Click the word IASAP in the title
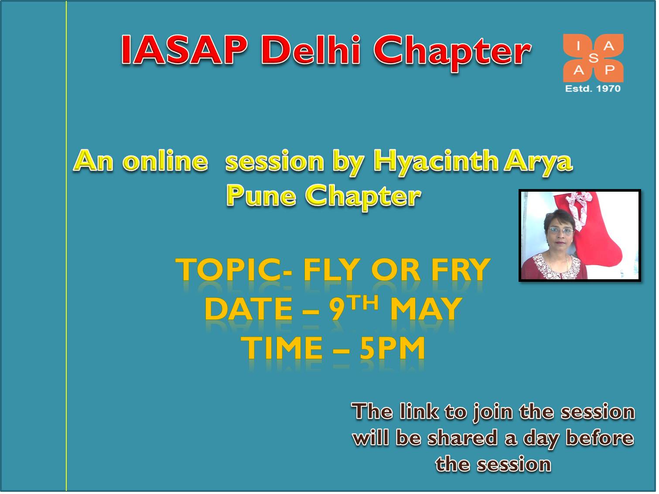tap(184, 50)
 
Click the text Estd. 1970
tap(593, 88)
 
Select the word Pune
tap(261, 196)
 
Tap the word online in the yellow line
tap(165, 161)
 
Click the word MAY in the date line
tap(426, 309)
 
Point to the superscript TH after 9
tap(362, 303)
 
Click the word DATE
tap(249, 309)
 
